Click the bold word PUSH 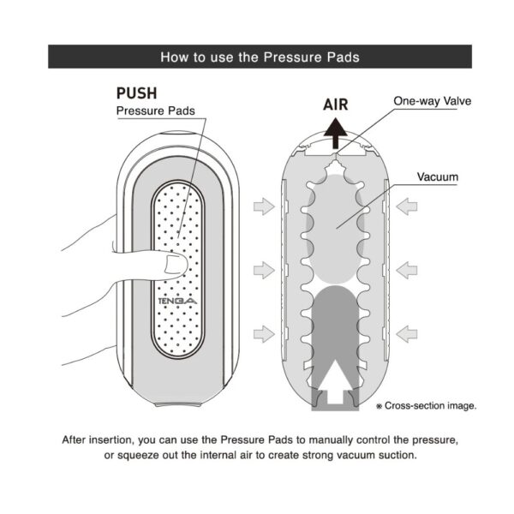137,93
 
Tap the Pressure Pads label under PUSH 155,111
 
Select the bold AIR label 335,105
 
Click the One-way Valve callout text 432,101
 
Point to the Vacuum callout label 438,177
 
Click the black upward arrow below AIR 335,134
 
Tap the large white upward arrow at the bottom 335,381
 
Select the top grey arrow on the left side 264,206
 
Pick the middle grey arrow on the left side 264,270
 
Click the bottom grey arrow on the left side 264,334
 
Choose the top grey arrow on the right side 406,206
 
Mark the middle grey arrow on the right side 406,270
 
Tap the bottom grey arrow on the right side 406,334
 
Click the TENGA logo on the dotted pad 177,301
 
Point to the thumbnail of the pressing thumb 175,264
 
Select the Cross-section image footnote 426,406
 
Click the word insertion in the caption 111,440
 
